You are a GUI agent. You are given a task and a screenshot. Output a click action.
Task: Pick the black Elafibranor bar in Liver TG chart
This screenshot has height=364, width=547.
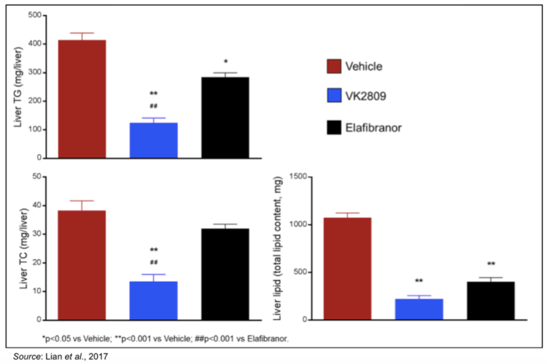coord(225,118)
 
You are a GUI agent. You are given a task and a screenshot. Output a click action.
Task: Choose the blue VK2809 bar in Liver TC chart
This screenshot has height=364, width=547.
coord(153,301)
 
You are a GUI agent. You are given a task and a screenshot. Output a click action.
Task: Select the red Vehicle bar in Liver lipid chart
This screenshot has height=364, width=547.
coord(347,269)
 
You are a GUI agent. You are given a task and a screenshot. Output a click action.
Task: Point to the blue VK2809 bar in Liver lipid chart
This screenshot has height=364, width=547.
coord(419,309)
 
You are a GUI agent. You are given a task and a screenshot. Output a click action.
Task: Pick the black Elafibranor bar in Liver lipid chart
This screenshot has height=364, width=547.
coord(491,301)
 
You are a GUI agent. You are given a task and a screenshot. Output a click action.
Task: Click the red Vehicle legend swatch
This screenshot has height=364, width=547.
coord(334,66)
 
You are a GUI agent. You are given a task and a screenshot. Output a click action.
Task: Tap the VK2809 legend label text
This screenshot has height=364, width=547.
coord(365,96)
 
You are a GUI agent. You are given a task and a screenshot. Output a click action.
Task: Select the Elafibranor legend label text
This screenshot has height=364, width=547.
coord(373,128)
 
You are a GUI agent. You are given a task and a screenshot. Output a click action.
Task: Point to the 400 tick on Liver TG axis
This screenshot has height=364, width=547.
coord(35,44)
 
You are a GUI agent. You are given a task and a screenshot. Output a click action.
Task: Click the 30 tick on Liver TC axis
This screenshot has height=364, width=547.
coord(37,234)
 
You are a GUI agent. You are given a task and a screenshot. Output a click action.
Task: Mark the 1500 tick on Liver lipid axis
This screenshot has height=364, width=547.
coord(298,176)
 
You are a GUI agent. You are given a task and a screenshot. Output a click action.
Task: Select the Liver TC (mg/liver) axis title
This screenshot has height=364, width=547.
coord(24,248)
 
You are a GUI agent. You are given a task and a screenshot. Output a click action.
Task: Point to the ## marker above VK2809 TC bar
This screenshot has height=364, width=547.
coord(154,262)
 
